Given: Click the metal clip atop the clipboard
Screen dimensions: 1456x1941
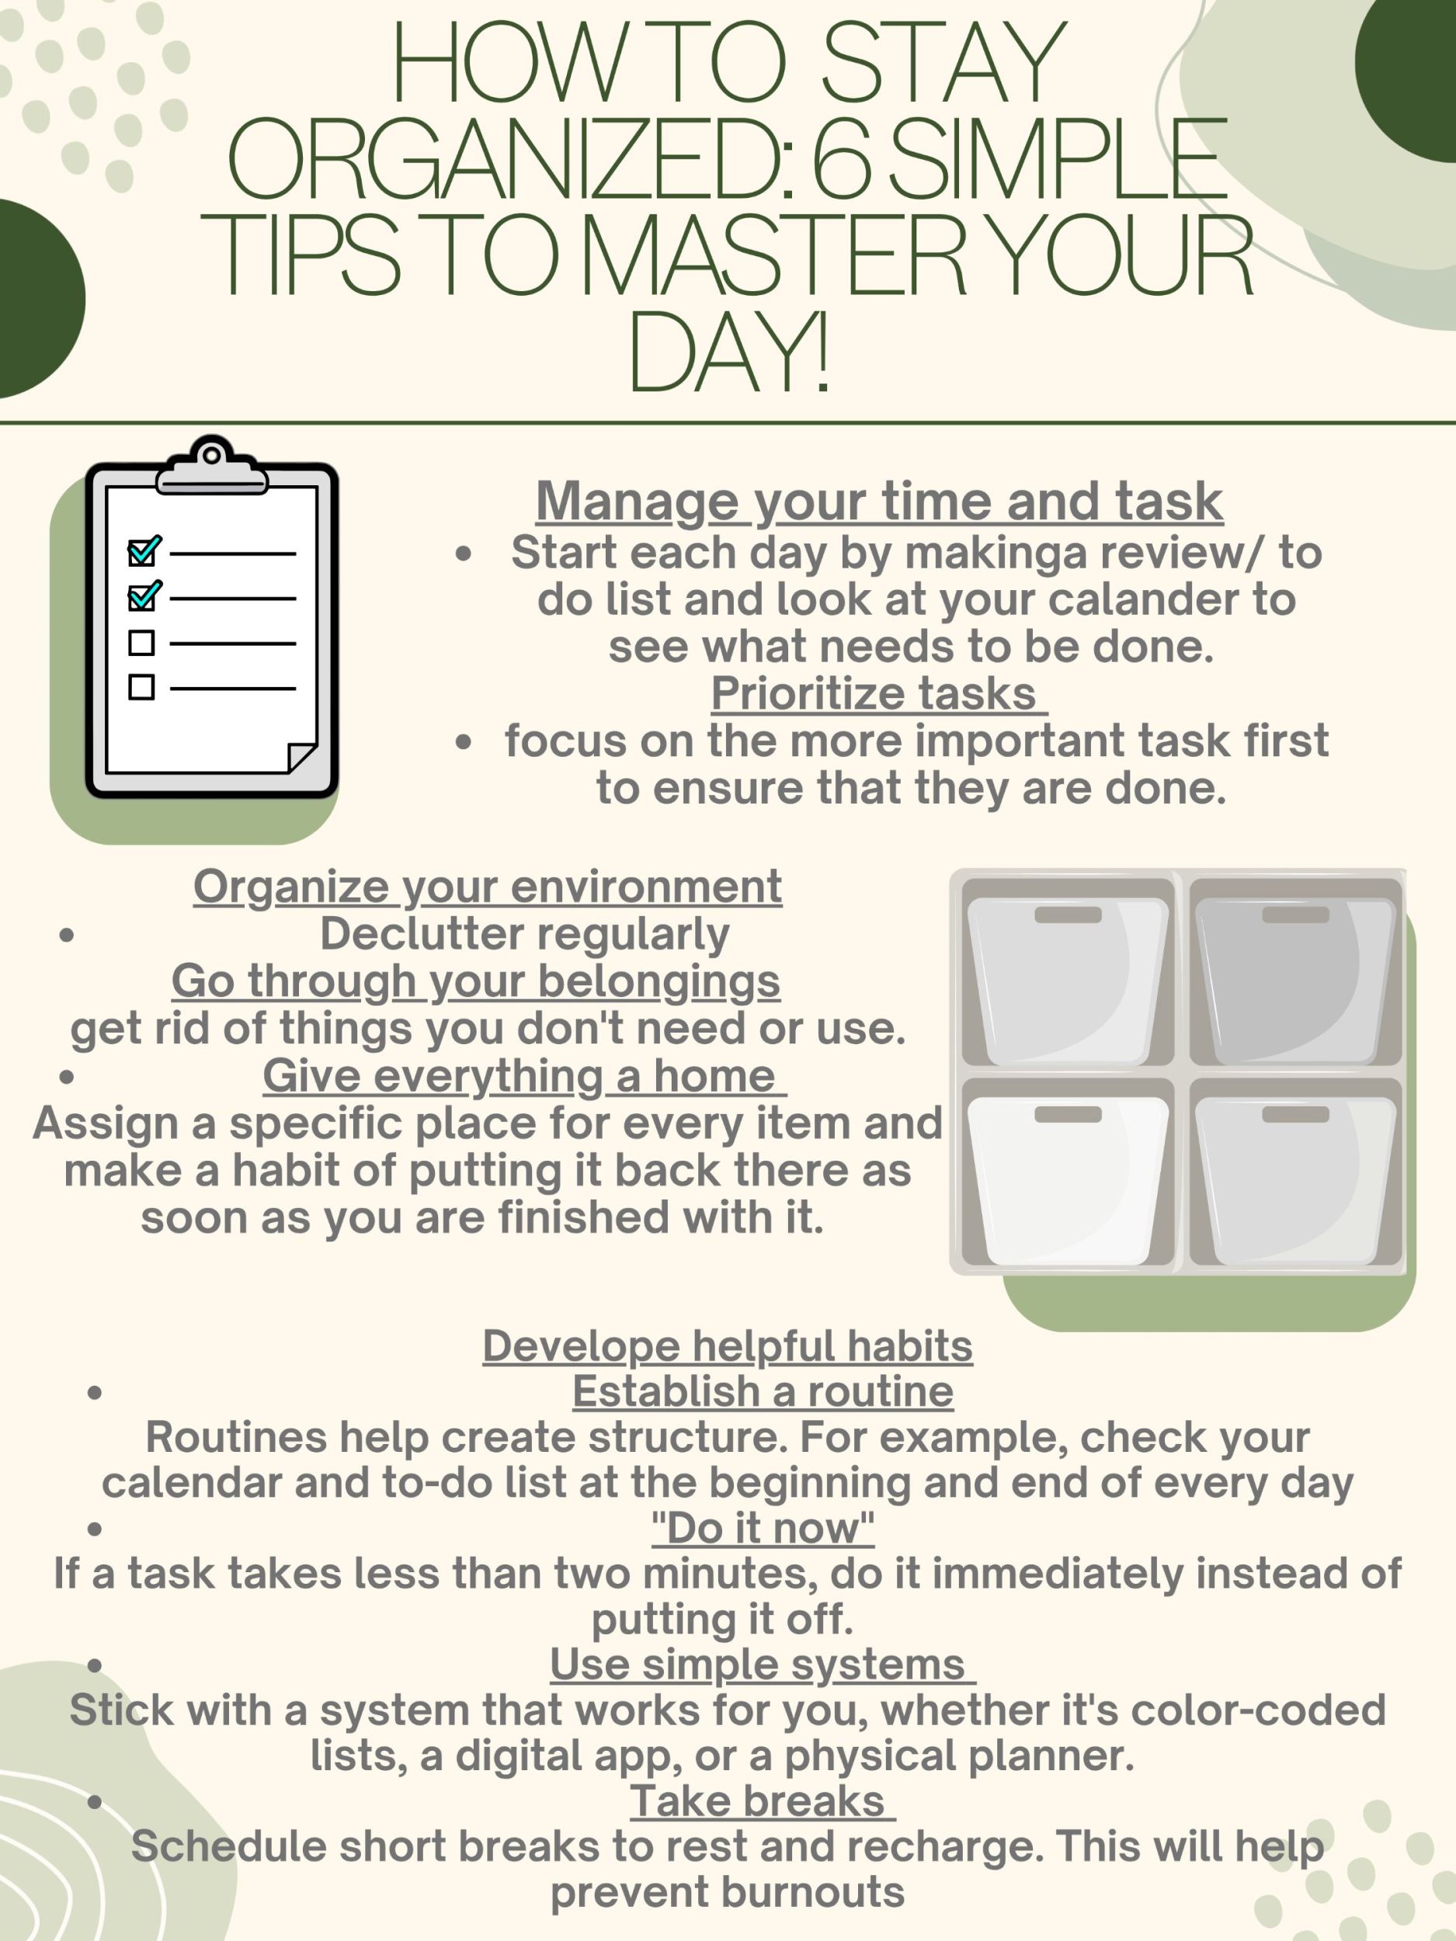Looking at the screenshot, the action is pos(211,466).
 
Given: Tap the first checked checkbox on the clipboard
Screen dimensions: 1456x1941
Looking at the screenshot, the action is pos(144,551).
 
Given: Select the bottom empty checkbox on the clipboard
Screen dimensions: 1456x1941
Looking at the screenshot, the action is pos(141,687).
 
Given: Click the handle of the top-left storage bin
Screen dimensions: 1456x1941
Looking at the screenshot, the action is pos(1067,915).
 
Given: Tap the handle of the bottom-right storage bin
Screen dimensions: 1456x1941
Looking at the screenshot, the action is pos(1295,1113).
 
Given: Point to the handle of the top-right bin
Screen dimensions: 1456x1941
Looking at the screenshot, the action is pos(1295,915).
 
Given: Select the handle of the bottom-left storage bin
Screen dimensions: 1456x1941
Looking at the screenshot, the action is pos(1067,1113).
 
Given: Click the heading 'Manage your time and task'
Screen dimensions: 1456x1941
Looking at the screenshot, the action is pos(879,502).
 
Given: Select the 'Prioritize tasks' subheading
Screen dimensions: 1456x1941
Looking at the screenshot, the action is pos(878,693).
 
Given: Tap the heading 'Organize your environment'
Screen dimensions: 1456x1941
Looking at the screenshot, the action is pos(487,887).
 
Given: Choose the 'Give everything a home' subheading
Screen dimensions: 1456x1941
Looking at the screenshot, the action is pos(524,1076).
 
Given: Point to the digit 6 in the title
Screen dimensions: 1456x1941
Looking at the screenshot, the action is pos(843,158).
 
